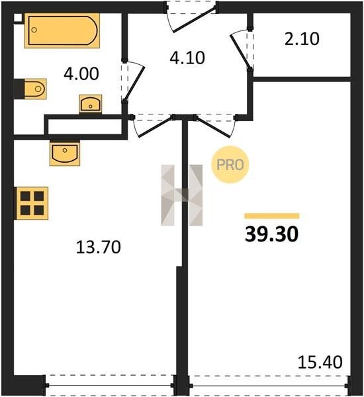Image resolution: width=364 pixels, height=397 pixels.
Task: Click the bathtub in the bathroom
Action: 62,30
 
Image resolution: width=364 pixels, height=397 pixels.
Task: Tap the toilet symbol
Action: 35,89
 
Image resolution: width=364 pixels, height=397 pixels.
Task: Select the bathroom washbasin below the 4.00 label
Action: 91,104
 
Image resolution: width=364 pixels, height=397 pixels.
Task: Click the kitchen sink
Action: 65,154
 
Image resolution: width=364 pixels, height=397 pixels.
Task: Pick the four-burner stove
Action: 32,203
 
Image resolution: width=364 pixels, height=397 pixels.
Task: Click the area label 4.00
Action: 81,74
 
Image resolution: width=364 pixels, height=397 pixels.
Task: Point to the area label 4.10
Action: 187,58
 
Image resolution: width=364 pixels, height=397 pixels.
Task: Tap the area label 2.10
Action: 302,39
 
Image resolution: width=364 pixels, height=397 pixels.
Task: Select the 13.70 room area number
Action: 99,247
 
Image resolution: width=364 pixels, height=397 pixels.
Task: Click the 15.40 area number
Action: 320,362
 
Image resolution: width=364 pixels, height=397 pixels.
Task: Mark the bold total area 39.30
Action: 271,234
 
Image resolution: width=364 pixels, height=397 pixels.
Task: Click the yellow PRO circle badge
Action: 230,165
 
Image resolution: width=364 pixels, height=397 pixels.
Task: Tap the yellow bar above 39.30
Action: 272,216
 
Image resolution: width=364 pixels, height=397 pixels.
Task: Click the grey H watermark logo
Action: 182,195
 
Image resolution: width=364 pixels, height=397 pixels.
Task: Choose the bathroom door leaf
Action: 134,83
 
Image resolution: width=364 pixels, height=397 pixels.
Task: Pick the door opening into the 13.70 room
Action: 155,127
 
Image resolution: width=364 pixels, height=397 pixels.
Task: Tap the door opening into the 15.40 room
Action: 213,127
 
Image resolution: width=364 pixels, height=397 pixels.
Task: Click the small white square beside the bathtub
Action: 18,18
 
